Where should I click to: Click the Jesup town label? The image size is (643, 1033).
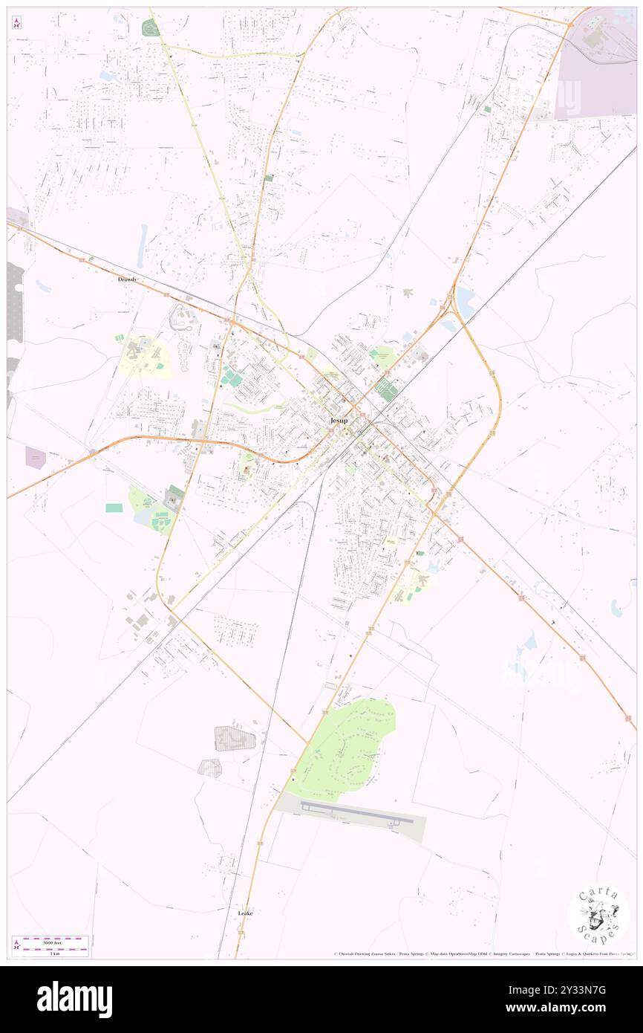click(338, 421)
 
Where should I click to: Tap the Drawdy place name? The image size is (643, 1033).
click(127, 279)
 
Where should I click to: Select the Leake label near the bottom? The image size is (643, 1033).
click(245, 913)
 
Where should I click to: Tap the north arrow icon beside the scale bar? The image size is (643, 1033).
click(16, 945)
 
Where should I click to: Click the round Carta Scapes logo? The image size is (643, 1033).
click(598, 915)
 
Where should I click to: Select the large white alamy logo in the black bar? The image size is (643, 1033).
click(74, 999)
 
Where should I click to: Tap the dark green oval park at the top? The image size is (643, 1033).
click(150, 28)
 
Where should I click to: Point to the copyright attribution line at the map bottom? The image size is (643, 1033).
click(483, 953)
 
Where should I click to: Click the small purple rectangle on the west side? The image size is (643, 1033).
click(35, 456)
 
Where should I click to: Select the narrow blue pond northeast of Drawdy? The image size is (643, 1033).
click(141, 246)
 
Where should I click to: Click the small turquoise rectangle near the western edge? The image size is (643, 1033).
click(114, 508)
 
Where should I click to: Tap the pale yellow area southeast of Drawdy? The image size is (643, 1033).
click(145, 357)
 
